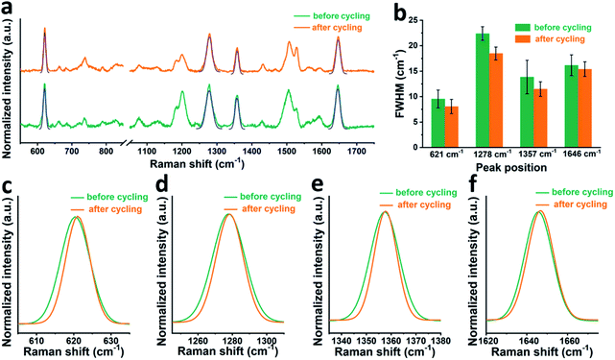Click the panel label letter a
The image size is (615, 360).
[9, 9]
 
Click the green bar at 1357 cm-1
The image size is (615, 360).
[526, 112]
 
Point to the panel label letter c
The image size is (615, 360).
[9, 183]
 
